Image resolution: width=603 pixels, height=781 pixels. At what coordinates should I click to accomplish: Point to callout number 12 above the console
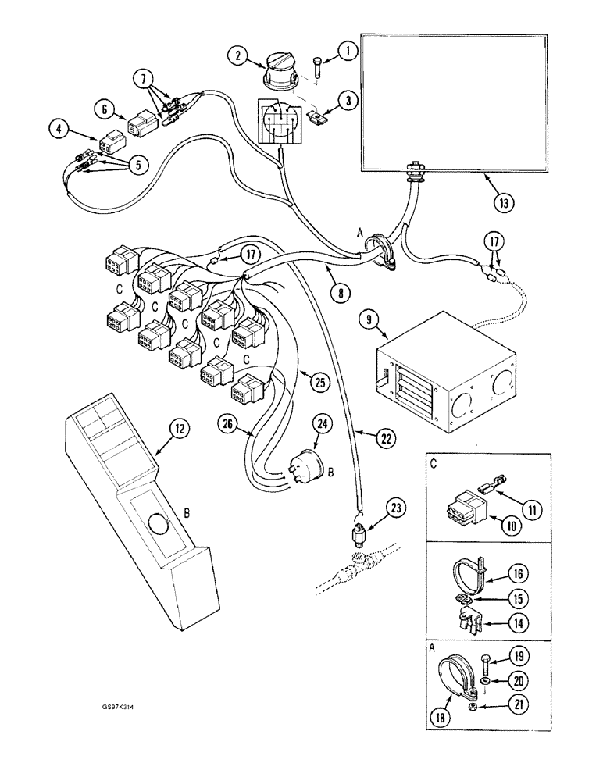tap(179, 427)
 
